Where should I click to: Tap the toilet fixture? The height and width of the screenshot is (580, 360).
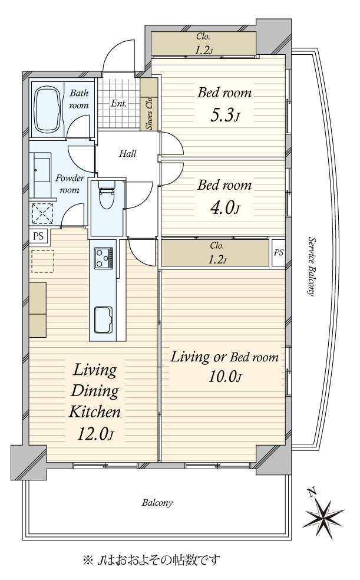(x=106, y=194)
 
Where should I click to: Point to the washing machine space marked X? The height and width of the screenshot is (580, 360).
(x=42, y=214)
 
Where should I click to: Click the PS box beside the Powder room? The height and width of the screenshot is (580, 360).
(x=38, y=236)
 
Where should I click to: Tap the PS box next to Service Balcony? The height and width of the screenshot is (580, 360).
(x=279, y=253)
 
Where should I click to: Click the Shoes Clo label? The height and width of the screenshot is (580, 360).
(x=149, y=113)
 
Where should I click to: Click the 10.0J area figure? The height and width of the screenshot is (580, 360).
(x=225, y=377)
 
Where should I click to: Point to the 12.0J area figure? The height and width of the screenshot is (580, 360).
(x=95, y=433)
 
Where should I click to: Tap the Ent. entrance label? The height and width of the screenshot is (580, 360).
(x=119, y=104)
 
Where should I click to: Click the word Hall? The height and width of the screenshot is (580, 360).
(x=127, y=153)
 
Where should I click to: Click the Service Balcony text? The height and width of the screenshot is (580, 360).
(x=312, y=266)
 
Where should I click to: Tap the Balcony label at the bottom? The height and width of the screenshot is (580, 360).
(x=157, y=503)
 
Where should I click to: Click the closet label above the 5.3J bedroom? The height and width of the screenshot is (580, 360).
(x=203, y=43)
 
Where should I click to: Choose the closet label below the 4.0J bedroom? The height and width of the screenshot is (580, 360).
(x=217, y=253)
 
